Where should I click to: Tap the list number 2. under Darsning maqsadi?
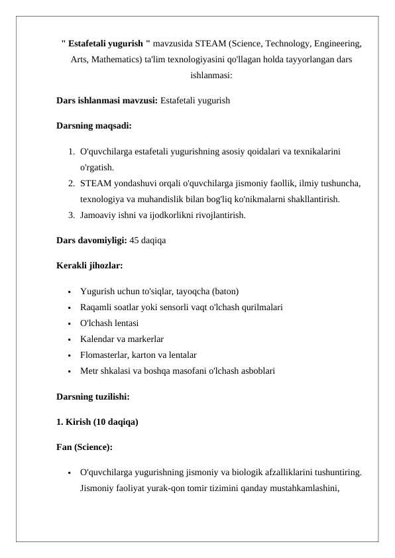point(71,183)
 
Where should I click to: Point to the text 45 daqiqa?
point(148,240)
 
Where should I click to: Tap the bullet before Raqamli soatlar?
point(70,307)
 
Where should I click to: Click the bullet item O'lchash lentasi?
point(109,323)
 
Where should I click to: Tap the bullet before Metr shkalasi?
point(70,371)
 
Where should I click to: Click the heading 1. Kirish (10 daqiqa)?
point(97,421)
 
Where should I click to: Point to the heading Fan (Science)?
point(85,447)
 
